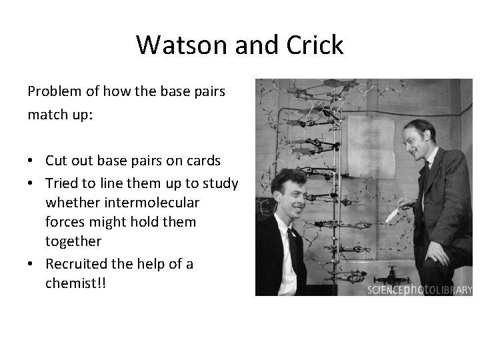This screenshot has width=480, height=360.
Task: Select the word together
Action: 73,241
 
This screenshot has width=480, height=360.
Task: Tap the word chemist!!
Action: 76,284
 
